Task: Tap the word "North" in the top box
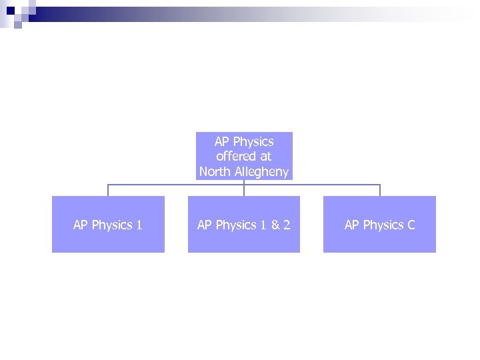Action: click(213, 172)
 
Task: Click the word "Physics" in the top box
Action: click(253, 142)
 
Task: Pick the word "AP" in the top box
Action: click(222, 142)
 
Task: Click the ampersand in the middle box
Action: click(273, 225)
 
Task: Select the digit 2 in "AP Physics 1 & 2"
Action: click(287, 225)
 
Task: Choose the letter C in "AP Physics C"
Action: click(411, 225)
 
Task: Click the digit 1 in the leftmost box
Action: click(139, 225)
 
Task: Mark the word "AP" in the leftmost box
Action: click(81, 225)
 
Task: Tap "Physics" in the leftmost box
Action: click(112, 225)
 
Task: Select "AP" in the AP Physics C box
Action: click(352, 225)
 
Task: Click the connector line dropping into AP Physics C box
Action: click(380, 190)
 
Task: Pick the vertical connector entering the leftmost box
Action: click(108, 190)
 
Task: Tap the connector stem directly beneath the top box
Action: click(244, 182)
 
